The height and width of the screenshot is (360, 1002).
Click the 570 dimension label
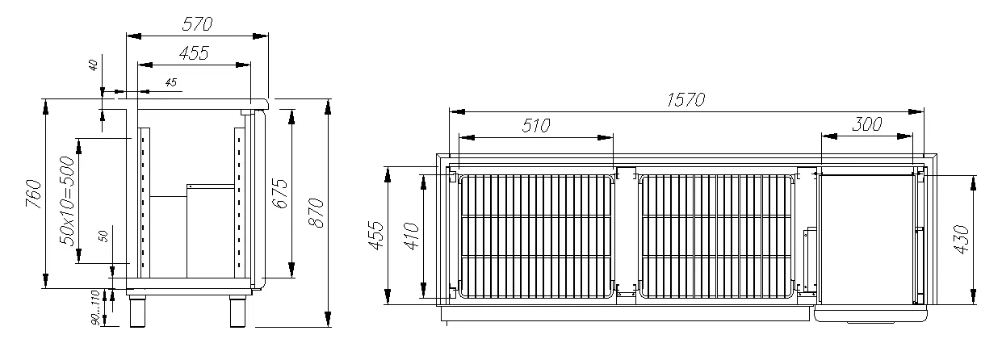(x=197, y=23)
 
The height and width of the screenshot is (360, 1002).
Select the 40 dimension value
(x=94, y=65)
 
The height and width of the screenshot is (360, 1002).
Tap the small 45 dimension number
(x=171, y=82)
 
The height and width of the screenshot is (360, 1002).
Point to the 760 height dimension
(x=34, y=194)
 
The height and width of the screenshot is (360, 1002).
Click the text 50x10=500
(x=67, y=201)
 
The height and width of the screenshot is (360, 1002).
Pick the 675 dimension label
(x=280, y=193)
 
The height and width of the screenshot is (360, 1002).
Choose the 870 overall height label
(x=317, y=212)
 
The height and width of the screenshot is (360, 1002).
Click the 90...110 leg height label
(x=95, y=308)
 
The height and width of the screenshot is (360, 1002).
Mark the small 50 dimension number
(x=103, y=237)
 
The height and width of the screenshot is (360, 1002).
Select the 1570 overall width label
(x=685, y=99)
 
